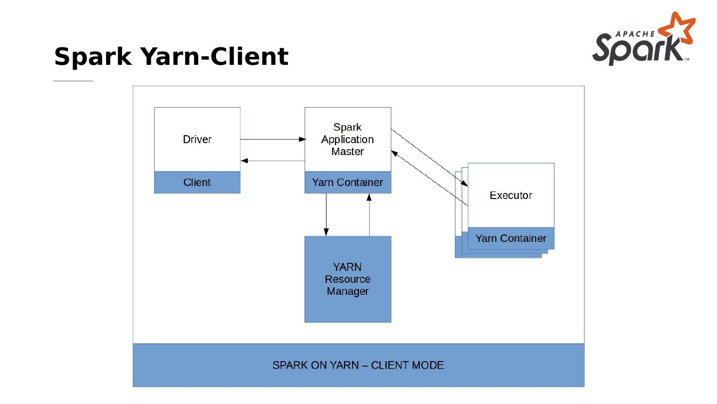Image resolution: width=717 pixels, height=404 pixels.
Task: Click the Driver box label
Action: pyautogui.click(x=197, y=140)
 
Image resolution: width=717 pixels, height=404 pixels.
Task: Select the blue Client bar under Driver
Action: pyautogui.click(x=197, y=183)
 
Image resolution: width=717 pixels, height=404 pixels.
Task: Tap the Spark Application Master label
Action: pyautogui.click(x=348, y=140)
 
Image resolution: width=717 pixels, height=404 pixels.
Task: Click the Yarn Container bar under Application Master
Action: pyautogui.click(x=348, y=183)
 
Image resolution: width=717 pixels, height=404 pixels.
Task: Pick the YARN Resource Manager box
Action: pyautogui.click(x=348, y=279)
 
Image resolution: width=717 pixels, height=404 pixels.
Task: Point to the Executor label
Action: pyautogui.click(x=511, y=196)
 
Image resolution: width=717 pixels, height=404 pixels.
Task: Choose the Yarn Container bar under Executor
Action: pyautogui.click(x=511, y=238)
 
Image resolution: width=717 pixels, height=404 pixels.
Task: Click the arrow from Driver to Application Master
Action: pyautogui.click(x=272, y=139)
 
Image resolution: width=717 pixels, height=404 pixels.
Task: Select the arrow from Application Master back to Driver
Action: pyautogui.click(x=272, y=161)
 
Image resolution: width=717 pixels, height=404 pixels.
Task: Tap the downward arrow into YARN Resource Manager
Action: pyautogui.click(x=326, y=214)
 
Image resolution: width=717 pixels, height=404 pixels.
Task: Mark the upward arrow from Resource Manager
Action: pyautogui.click(x=369, y=214)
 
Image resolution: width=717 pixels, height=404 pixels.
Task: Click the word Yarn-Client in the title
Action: pyautogui.click(x=215, y=56)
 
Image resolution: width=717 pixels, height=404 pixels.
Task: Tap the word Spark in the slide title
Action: pyautogui.click(x=93, y=56)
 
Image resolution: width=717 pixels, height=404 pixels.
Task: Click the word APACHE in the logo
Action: pyautogui.click(x=635, y=34)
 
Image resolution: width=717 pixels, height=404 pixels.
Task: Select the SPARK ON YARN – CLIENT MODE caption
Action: pyautogui.click(x=358, y=365)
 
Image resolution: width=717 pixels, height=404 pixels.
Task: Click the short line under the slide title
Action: pyautogui.click(x=73, y=81)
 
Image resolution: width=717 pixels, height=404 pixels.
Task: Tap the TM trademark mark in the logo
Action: pyautogui.click(x=687, y=59)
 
